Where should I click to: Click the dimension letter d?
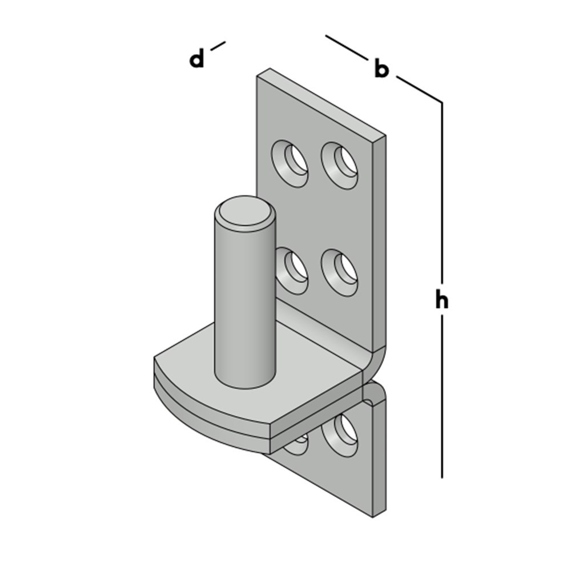(197, 59)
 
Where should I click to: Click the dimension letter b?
(381, 69)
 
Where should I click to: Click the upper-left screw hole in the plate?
(289, 163)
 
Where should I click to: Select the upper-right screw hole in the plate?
(339, 165)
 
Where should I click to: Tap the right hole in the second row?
(339, 272)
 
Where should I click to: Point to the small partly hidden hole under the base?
(295, 445)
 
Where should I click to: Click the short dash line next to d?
(218, 46)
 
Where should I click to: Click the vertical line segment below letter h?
(442, 397)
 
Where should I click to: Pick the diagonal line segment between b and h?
(419, 89)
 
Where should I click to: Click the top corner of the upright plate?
(270, 69)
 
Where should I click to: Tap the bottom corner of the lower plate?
(373, 516)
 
